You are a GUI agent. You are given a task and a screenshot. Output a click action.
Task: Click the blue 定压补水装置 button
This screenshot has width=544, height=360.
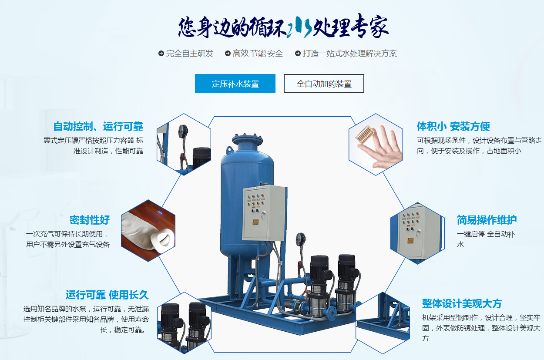[235, 84]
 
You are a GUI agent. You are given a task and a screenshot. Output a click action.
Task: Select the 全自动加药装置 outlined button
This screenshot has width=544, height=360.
[324, 84]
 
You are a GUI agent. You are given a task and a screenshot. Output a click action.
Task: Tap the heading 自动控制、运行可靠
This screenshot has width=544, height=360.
[98, 127]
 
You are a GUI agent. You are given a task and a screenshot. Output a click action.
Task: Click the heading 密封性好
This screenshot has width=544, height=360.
[90, 220]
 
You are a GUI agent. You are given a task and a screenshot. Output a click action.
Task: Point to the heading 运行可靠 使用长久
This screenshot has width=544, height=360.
[107, 295]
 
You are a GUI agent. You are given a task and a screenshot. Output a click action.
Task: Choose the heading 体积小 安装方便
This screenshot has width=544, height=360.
[453, 126]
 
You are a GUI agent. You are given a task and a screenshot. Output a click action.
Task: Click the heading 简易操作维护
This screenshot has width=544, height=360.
[487, 220]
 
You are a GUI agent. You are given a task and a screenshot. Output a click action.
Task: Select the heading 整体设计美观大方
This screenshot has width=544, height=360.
[462, 304]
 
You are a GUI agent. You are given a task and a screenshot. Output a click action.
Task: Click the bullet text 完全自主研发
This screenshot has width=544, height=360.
[190, 54]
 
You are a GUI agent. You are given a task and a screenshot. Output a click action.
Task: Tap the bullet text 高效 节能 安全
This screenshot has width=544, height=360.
[258, 54]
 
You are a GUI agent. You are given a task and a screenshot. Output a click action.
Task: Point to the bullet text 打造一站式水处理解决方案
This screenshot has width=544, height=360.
[350, 54]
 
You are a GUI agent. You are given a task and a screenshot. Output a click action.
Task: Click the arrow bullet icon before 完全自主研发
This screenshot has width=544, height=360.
[161, 53]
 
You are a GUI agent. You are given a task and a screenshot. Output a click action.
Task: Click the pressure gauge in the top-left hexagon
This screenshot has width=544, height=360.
[183, 131]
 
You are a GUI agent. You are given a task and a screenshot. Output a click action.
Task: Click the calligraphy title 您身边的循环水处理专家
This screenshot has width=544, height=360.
[283, 26]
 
